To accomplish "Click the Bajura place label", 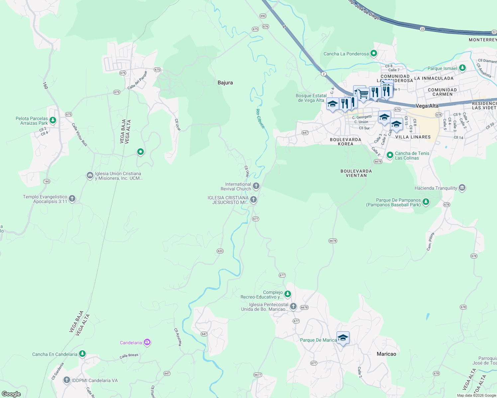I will pos(225,83).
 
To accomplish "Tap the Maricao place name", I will pos(386,354).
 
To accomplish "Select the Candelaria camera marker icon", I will pos(147,342).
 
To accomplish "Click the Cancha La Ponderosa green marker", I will pos(374,53).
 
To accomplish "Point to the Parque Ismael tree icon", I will pos(462,68).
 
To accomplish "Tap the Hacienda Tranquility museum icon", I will pos(462,188).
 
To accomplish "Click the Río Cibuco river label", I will pos(260,118).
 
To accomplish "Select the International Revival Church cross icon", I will pos(256,186).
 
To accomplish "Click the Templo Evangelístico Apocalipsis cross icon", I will pos(72,199).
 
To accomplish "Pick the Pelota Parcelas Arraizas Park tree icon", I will pos(53,120).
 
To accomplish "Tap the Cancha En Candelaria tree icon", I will pos(82,354).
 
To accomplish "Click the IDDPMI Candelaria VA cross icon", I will pos(67,380).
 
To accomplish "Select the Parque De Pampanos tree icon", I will pos(426,202).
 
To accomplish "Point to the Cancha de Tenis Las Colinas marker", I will pos(390,155).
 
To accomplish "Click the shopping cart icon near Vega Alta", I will pos(363,94).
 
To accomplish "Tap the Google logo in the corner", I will pos(11,394).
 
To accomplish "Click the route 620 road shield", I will pos(220,251).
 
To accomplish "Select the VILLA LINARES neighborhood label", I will pos(413,137).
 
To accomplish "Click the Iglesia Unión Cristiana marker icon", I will pos(90,175).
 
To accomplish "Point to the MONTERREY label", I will pos(483,40).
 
